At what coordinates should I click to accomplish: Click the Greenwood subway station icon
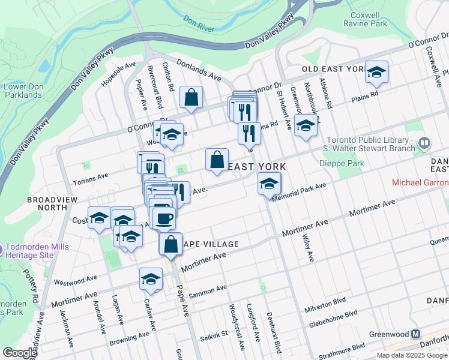click(415, 334)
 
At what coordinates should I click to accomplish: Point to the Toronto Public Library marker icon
click(424, 143)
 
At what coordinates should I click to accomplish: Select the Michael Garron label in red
click(420, 182)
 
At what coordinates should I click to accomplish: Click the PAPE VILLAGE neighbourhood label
click(210, 244)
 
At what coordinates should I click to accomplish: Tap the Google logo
click(20, 353)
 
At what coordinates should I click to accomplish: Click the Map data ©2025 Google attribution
click(412, 355)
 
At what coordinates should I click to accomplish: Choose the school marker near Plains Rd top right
click(376, 72)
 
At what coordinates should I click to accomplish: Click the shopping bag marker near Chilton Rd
click(191, 97)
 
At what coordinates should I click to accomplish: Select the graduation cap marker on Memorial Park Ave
click(269, 183)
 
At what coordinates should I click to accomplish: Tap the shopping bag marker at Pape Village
click(170, 244)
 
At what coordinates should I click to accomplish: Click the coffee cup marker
click(163, 218)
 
